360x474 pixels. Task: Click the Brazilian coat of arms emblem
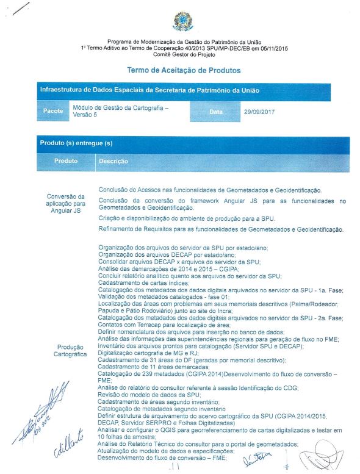182,22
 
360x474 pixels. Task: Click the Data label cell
215,112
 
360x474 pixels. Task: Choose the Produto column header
65,161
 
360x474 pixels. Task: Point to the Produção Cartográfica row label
65,350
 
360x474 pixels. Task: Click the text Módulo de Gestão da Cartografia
120,107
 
